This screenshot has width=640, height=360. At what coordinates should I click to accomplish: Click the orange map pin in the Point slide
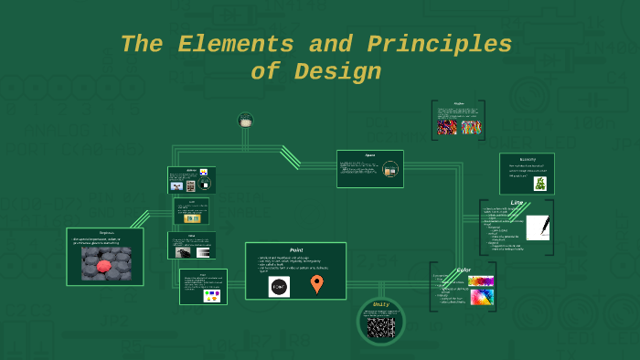coord(316,284)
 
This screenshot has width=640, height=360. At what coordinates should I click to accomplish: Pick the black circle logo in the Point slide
coord(279,286)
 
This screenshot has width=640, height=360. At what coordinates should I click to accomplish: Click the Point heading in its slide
coord(295,249)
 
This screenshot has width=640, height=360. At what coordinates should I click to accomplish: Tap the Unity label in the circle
coord(381,304)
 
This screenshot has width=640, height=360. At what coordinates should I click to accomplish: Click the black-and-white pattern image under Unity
coord(381,326)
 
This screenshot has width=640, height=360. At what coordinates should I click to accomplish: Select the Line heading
coord(517,203)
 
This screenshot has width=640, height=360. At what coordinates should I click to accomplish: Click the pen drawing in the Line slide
coord(538,228)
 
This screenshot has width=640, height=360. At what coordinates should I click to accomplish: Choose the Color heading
coord(464,270)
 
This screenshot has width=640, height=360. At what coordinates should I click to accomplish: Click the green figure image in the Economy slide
coord(539,183)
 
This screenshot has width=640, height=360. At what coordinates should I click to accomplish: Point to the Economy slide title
coord(527,159)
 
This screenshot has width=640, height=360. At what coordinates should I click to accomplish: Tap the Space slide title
coord(369,155)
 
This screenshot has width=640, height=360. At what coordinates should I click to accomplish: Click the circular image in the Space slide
coord(390,169)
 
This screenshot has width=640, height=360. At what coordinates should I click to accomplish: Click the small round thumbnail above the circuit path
coord(245,120)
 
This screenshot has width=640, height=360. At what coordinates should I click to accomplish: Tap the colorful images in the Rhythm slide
coord(459,127)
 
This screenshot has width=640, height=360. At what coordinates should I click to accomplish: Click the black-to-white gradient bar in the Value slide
coord(203,252)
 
